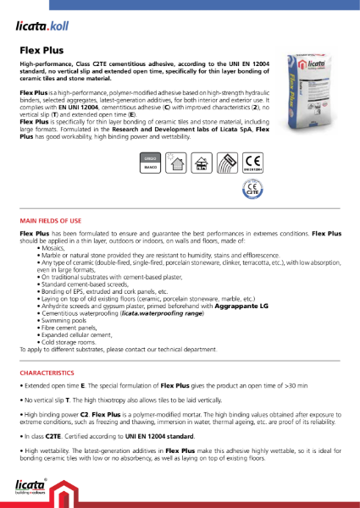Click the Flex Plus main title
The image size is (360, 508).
tap(42, 49)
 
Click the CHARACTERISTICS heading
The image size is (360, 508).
tap(48, 373)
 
